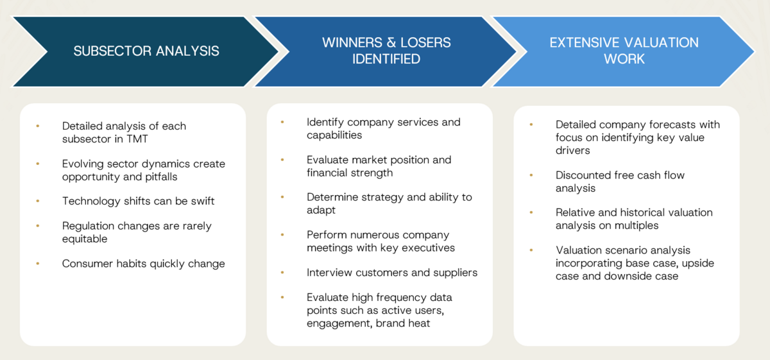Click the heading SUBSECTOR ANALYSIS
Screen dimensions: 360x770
pos(146,51)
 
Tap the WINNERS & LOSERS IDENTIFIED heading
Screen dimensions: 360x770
pos(386,51)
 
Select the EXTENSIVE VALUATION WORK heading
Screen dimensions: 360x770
pos(624,51)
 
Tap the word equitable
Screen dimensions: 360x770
pos(85,239)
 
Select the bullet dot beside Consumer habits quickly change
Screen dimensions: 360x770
pos(38,264)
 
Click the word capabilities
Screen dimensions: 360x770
pos(334,135)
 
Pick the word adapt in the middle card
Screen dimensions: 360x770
pos(321,210)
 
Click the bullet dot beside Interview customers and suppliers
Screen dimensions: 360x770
pos(282,273)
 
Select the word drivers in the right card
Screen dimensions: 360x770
pos(572,150)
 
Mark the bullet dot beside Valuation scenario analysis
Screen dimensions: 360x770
pos(531,250)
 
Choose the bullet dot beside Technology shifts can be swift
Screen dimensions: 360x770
pos(38,201)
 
